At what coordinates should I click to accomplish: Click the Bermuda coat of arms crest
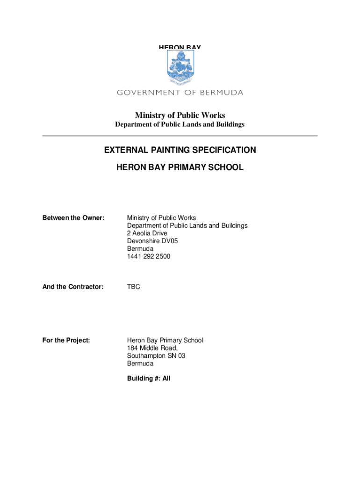coord(180,67)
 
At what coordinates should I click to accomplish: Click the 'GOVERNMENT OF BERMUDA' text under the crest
coord(180,93)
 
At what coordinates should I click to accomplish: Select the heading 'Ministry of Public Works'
coord(180,115)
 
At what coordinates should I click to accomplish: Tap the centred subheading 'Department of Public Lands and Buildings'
coord(180,125)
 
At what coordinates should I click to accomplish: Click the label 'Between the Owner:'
coord(73,218)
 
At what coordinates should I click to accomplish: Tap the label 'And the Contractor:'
coord(73,287)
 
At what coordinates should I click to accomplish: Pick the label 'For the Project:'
coord(66,341)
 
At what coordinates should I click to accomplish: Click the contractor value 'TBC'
coord(133,287)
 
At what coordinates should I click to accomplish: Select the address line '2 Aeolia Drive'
coord(147,233)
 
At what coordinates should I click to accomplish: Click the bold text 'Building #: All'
coord(149,378)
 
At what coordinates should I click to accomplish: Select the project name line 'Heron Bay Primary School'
coord(165,341)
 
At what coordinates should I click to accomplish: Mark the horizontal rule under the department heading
coord(180,136)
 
